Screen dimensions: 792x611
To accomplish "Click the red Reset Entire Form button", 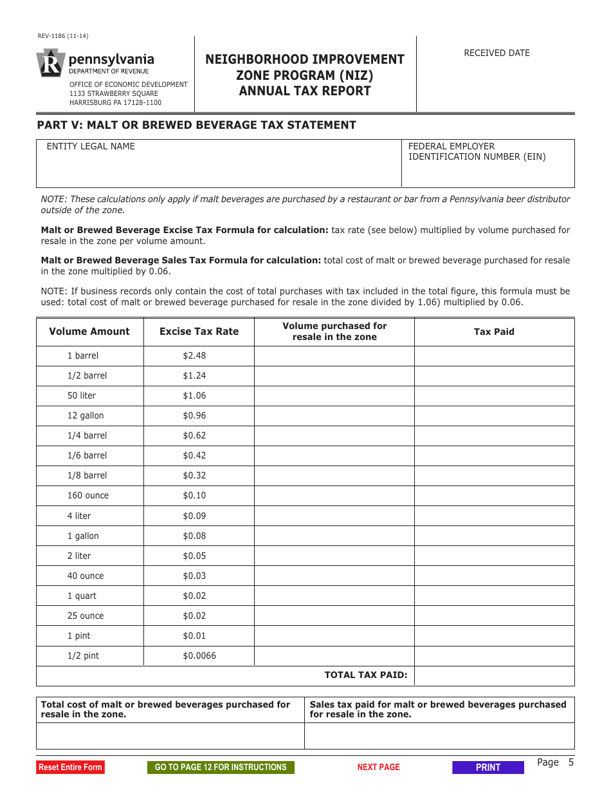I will (x=70, y=767).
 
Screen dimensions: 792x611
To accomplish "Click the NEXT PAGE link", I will (x=378, y=767).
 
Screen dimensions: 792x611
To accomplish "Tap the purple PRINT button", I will (x=488, y=768).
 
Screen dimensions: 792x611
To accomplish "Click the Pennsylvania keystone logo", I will (x=51, y=64).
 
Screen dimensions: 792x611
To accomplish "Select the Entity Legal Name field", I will (x=219, y=169).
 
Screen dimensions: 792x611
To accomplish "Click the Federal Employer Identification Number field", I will (x=488, y=174).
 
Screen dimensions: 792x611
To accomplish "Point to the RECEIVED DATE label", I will (x=497, y=53).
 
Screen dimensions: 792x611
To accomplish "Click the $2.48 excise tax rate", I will (x=194, y=355).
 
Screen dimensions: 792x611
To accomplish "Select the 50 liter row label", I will (x=82, y=395).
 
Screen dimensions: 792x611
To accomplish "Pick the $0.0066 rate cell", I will (x=199, y=655).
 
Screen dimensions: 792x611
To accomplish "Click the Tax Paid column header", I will (x=494, y=332).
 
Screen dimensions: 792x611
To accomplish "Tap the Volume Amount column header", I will (x=89, y=332).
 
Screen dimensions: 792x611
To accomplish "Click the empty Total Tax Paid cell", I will (x=494, y=675).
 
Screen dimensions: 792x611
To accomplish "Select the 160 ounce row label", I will (x=88, y=495).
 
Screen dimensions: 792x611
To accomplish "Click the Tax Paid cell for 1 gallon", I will (x=494, y=536).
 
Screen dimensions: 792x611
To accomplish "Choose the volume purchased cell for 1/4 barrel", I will (x=334, y=435).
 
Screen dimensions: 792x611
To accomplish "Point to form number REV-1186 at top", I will (x=62, y=36).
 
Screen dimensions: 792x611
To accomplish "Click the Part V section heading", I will (x=196, y=125).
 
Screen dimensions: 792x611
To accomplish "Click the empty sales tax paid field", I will (x=439, y=735).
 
